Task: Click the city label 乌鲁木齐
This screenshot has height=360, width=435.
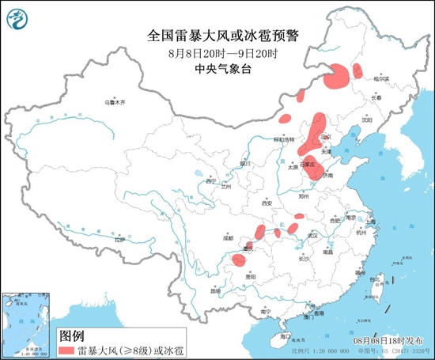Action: [116, 102]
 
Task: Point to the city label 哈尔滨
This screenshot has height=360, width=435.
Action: [382, 79]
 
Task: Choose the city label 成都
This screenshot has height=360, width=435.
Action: [229, 236]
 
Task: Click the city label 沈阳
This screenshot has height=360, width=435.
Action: [366, 120]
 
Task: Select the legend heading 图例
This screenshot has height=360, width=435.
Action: [72, 334]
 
